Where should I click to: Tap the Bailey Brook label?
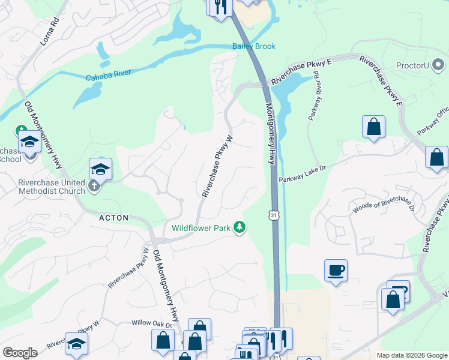click(x=254, y=46)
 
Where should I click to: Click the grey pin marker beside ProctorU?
click(x=438, y=65)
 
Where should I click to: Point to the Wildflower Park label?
click(x=200, y=227)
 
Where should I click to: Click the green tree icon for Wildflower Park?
click(x=240, y=227)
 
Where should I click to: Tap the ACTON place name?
click(x=114, y=218)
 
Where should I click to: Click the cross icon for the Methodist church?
click(x=94, y=185)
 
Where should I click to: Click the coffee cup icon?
click(x=336, y=270)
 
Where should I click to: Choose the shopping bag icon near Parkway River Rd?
click(x=373, y=127)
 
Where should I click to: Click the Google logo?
click(x=20, y=352)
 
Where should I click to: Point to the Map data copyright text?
click(x=412, y=355)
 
